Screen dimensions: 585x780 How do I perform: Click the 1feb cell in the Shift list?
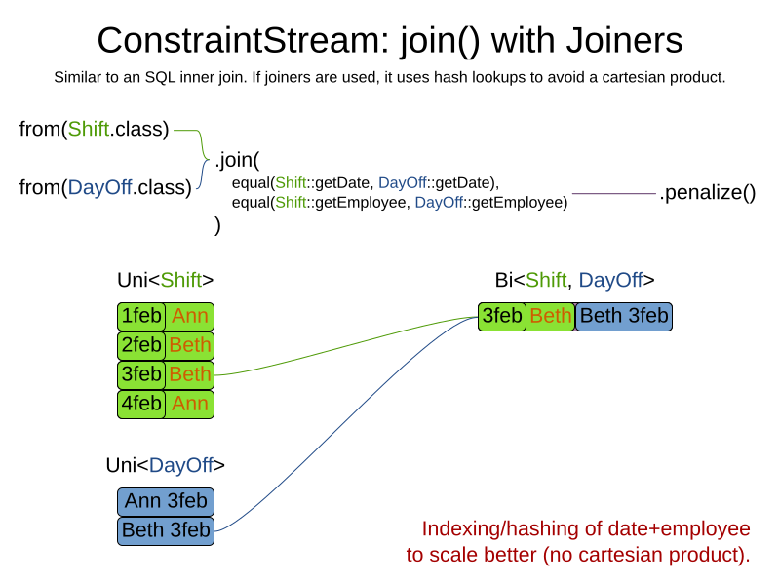coord(140,317)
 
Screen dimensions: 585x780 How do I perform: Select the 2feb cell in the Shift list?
coord(140,346)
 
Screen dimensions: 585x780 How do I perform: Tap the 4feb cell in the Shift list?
coord(140,404)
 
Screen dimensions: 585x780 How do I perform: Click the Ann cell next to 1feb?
coord(189,317)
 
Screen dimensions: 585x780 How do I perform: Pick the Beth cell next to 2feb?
coord(189,346)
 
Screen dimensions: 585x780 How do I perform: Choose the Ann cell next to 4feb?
coord(189,404)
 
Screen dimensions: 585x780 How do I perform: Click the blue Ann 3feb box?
coord(166,501)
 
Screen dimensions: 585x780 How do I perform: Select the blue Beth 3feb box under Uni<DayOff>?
coord(166,530)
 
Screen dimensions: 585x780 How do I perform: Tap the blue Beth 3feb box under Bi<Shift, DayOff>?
coord(624,317)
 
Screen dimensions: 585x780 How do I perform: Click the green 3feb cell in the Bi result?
coord(502,317)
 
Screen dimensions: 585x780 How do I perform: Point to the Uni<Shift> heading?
coord(165,281)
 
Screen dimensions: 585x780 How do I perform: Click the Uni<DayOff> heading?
coord(165,466)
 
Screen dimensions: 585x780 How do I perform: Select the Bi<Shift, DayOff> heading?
coord(574,281)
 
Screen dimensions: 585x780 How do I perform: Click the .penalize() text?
coord(707,193)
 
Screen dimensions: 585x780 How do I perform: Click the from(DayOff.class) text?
coord(105,187)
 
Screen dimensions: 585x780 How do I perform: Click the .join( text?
coord(237,160)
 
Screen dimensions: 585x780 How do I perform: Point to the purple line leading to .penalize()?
coord(614,195)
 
